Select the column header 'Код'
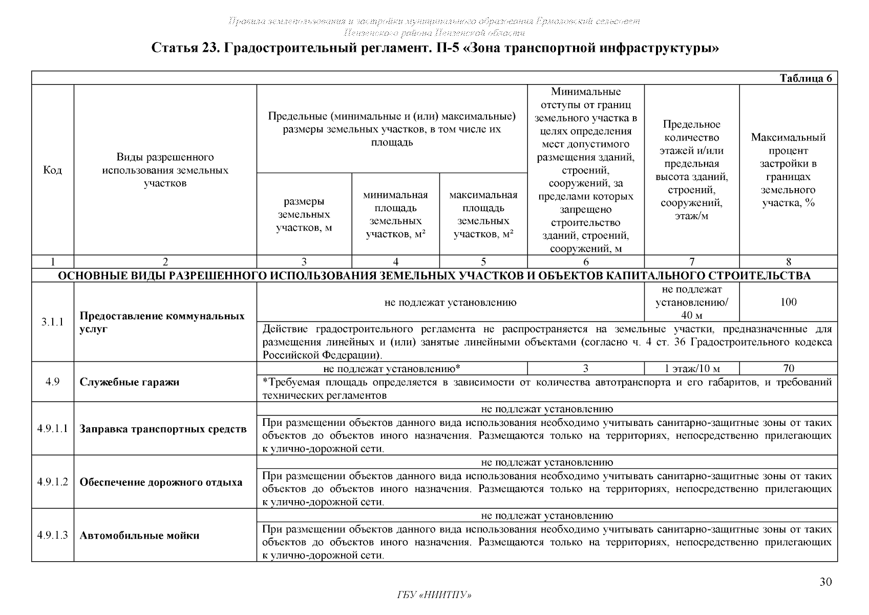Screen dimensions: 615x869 [52, 170]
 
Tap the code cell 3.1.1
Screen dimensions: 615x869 [52, 322]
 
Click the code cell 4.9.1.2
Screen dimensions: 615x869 [52, 482]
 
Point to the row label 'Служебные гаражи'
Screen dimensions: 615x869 [130, 382]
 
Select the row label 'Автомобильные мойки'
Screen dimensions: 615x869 [139, 536]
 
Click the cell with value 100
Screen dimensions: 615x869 [788, 302]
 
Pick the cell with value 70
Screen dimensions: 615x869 [788, 368]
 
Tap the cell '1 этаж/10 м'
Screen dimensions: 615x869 [692, 368]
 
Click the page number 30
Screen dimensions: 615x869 [825, 582]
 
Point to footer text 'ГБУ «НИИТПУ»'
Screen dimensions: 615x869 [434, 595]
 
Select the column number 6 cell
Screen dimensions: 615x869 [586, 261]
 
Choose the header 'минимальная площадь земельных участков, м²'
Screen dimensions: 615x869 [395, 215]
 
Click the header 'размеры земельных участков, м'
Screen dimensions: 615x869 [304, 215]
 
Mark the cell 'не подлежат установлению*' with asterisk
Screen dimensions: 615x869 [392, 368]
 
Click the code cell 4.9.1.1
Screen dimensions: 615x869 [52, 428]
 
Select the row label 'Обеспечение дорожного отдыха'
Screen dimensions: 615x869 [161, 482]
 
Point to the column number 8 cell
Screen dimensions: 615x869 [788, 261]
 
